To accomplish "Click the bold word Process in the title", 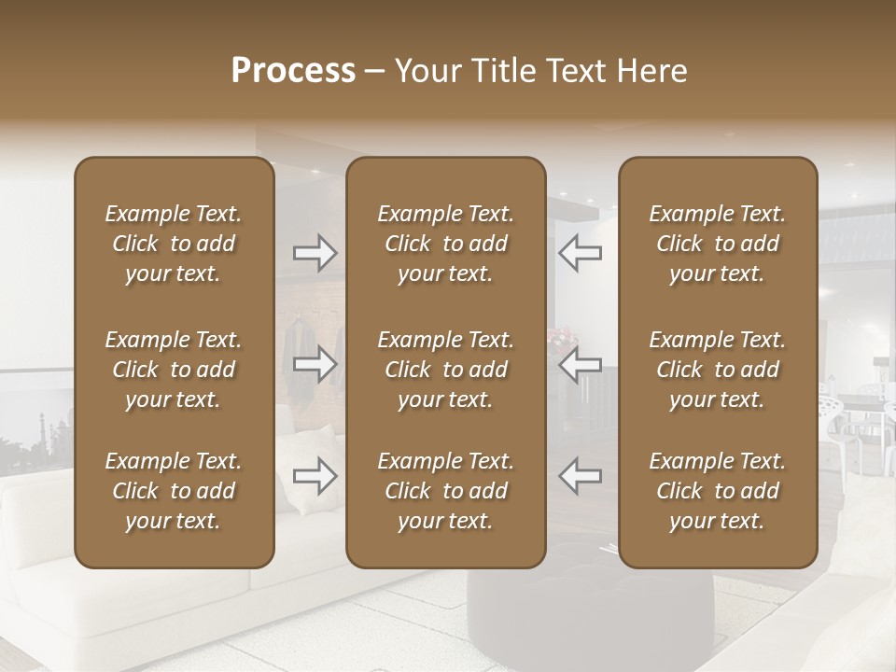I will click(293, 71).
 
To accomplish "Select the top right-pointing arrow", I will click(315, 252).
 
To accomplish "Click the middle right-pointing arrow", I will click(315, 364).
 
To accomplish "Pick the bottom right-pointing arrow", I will click(315, 476).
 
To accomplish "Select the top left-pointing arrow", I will click(580, 252).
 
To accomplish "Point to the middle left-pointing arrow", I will click(580, 364).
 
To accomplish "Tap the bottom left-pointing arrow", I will click(580, 476).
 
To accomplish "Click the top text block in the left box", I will click(174, 244).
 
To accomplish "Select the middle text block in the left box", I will click(174, 370).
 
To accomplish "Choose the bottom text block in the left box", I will click(174, 491).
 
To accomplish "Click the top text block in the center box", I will click(445, 244).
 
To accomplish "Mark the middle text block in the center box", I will click(445, 370).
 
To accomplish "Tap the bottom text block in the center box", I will click(445, 491).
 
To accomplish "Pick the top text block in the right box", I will click(717, 244).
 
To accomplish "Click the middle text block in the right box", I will click(717, 370).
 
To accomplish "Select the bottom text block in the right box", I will click(717, 491).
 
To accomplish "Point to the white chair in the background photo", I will click(845, 420).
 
